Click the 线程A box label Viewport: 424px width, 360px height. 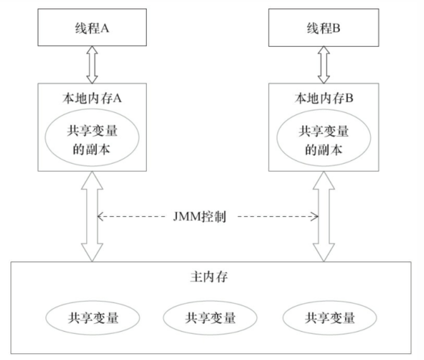click(92, 28)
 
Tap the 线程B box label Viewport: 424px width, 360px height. click(323, 28)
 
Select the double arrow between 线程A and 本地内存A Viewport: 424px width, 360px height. click(92, 64)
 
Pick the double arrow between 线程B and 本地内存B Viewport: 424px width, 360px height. click(323, 65)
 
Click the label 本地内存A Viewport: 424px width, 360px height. click(92, 98)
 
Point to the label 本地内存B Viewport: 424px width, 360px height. click(324, 98)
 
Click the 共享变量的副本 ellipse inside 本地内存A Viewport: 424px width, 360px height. click(92, 137)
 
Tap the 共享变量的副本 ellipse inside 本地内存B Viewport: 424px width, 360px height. click(324, 137)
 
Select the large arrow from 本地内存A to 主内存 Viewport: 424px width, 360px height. click(92, 217)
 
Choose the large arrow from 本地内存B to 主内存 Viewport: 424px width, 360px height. click(324, 217)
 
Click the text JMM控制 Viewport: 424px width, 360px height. click(200, 217)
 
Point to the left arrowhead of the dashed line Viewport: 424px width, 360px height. click(100, 217)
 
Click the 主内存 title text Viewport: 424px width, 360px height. click(209, 276)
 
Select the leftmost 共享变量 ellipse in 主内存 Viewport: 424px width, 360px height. click(92, 318)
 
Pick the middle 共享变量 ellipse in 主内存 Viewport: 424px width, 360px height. click(210, 318)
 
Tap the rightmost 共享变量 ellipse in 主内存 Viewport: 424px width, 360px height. click(330, 318)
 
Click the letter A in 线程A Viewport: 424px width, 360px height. click(105, 28)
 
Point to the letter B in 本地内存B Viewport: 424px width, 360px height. click(349, 98)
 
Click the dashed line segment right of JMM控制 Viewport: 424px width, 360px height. click(278, 217)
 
